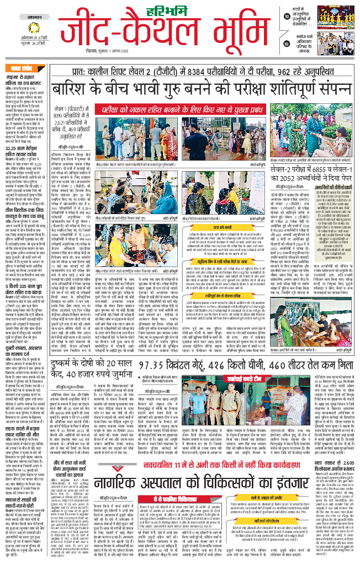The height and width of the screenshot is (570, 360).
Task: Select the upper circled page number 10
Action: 287,17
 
